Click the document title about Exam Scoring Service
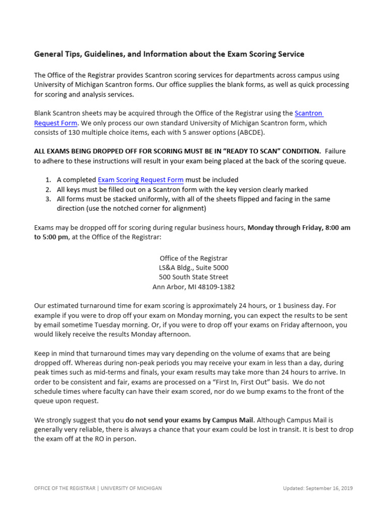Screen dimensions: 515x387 (169, 54)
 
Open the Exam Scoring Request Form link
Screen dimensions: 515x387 (140, 180)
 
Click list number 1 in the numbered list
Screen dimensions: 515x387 (47, 180)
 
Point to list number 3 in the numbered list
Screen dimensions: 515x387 (47, 199)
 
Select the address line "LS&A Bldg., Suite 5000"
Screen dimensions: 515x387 (193, 268)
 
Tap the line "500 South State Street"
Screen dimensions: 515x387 (193, 277)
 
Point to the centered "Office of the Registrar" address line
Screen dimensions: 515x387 (193, 258)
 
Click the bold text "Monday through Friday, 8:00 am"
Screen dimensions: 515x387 (299, 227)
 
